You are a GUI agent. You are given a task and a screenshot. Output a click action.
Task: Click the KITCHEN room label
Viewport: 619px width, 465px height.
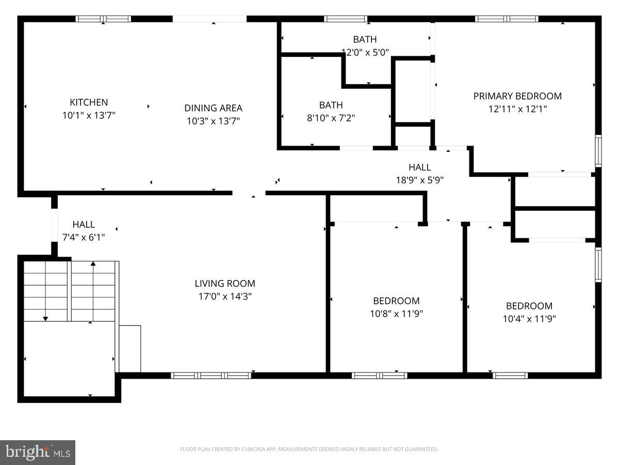pos(89,102)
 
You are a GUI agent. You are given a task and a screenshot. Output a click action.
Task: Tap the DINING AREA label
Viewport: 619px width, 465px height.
pos(213,108)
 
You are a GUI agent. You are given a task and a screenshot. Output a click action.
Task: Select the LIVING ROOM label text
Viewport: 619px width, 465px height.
pos(224,283)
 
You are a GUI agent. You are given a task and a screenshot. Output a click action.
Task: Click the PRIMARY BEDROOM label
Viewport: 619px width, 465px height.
pos(517,96)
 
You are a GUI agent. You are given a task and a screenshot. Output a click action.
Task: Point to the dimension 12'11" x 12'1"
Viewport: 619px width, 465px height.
pos(517,109)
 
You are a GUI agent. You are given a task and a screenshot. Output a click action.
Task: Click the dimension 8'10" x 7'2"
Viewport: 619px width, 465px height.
pos(331,118)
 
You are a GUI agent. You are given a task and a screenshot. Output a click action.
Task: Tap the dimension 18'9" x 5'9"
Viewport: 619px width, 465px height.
pos(419,180)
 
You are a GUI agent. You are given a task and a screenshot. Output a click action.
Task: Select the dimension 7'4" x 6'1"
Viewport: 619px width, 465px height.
pos(84,238)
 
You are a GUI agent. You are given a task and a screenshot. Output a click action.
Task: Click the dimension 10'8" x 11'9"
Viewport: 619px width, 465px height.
pos(396,314)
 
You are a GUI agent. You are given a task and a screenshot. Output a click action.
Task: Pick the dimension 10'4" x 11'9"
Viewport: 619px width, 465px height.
pos(529,319)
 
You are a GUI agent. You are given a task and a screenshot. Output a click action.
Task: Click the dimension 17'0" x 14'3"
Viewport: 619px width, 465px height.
pos(224,297)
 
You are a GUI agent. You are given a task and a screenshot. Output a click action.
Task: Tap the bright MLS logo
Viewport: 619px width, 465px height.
pos(38,453)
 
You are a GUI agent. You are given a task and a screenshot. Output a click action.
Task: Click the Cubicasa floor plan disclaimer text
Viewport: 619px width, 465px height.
pos(309,450)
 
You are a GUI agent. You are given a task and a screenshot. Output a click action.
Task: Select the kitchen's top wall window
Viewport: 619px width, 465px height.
pos(103,19)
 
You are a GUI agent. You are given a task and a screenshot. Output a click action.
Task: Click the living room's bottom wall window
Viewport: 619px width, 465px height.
pos(211,376)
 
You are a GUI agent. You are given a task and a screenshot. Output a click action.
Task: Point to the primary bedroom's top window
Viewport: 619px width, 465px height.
pos(507,19)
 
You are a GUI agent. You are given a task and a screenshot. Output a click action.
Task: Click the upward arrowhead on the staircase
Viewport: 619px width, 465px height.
pos(93,264)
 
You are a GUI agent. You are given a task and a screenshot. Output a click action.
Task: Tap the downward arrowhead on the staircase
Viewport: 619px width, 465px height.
pos(45,319)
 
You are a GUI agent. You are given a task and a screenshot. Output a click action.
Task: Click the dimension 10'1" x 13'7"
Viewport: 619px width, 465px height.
pos(89,116)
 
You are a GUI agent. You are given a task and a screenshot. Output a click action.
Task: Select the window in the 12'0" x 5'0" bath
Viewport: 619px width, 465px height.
pos(346,19)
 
